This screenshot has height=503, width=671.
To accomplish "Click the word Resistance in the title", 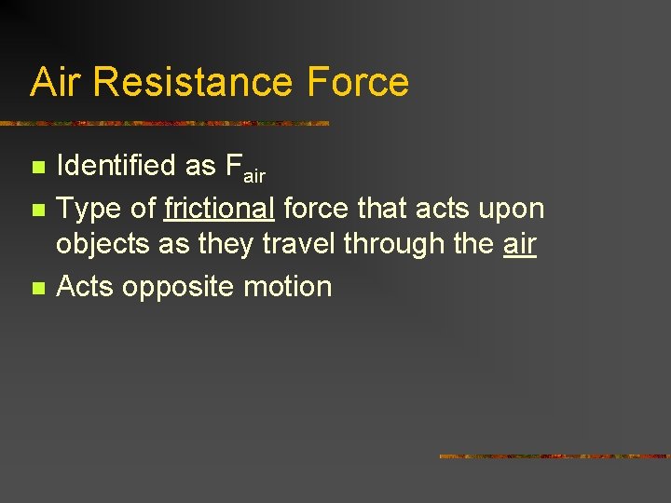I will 197,82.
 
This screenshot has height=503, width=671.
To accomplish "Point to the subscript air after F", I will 253,175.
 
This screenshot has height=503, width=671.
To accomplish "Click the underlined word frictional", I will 218,209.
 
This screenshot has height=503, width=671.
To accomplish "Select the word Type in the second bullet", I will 89,209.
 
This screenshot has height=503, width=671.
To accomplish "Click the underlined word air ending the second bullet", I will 519,244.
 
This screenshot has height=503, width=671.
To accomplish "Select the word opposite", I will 180,287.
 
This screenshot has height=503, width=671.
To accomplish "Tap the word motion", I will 289,287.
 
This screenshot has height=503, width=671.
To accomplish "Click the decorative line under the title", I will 166,123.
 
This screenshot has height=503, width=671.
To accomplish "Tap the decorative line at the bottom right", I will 554,456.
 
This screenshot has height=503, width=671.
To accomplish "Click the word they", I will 225,244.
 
